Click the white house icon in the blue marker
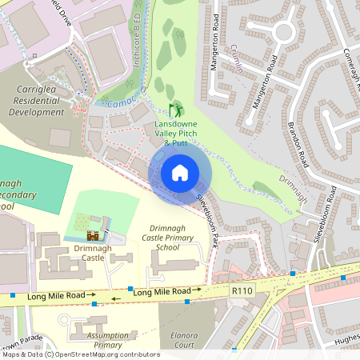coord(180,172)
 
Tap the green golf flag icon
coord(175,110)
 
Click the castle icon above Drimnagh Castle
coord(94,236)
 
